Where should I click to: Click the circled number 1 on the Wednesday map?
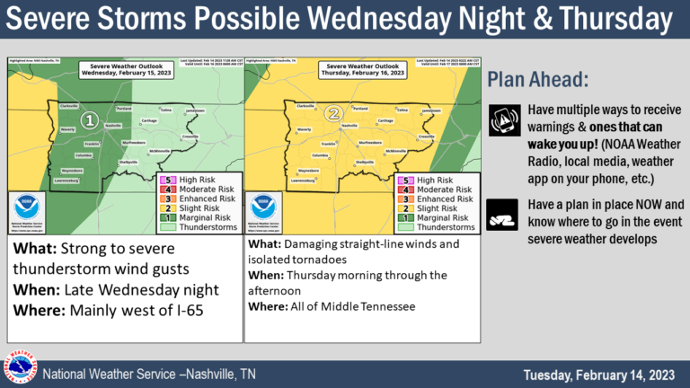[89, 119]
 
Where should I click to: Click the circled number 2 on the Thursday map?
[334, 114]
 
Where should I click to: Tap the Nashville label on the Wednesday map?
[112, 126]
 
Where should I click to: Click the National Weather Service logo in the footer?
[19, 367]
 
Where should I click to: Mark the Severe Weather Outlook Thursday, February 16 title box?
[365, 70]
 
